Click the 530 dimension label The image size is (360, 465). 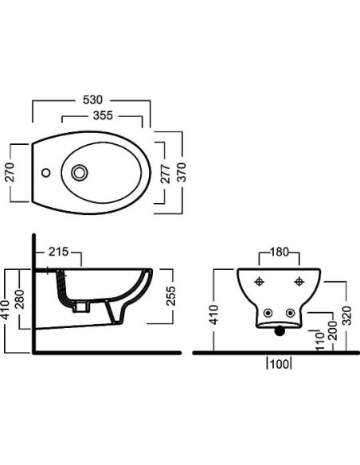tap(92, 100)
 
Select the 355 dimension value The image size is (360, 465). tap(103, 115)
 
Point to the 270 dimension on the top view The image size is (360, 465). tap(10, 172)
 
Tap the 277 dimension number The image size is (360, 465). tap(166, 174)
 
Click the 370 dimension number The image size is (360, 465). tap(181, 172)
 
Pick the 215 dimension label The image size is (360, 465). tap(59, 252)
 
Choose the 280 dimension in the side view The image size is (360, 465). tap(20, 299)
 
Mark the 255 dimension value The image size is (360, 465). tap(170, 295)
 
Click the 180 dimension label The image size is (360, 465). tap(280, 252)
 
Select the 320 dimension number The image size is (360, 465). tap(346, 315)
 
